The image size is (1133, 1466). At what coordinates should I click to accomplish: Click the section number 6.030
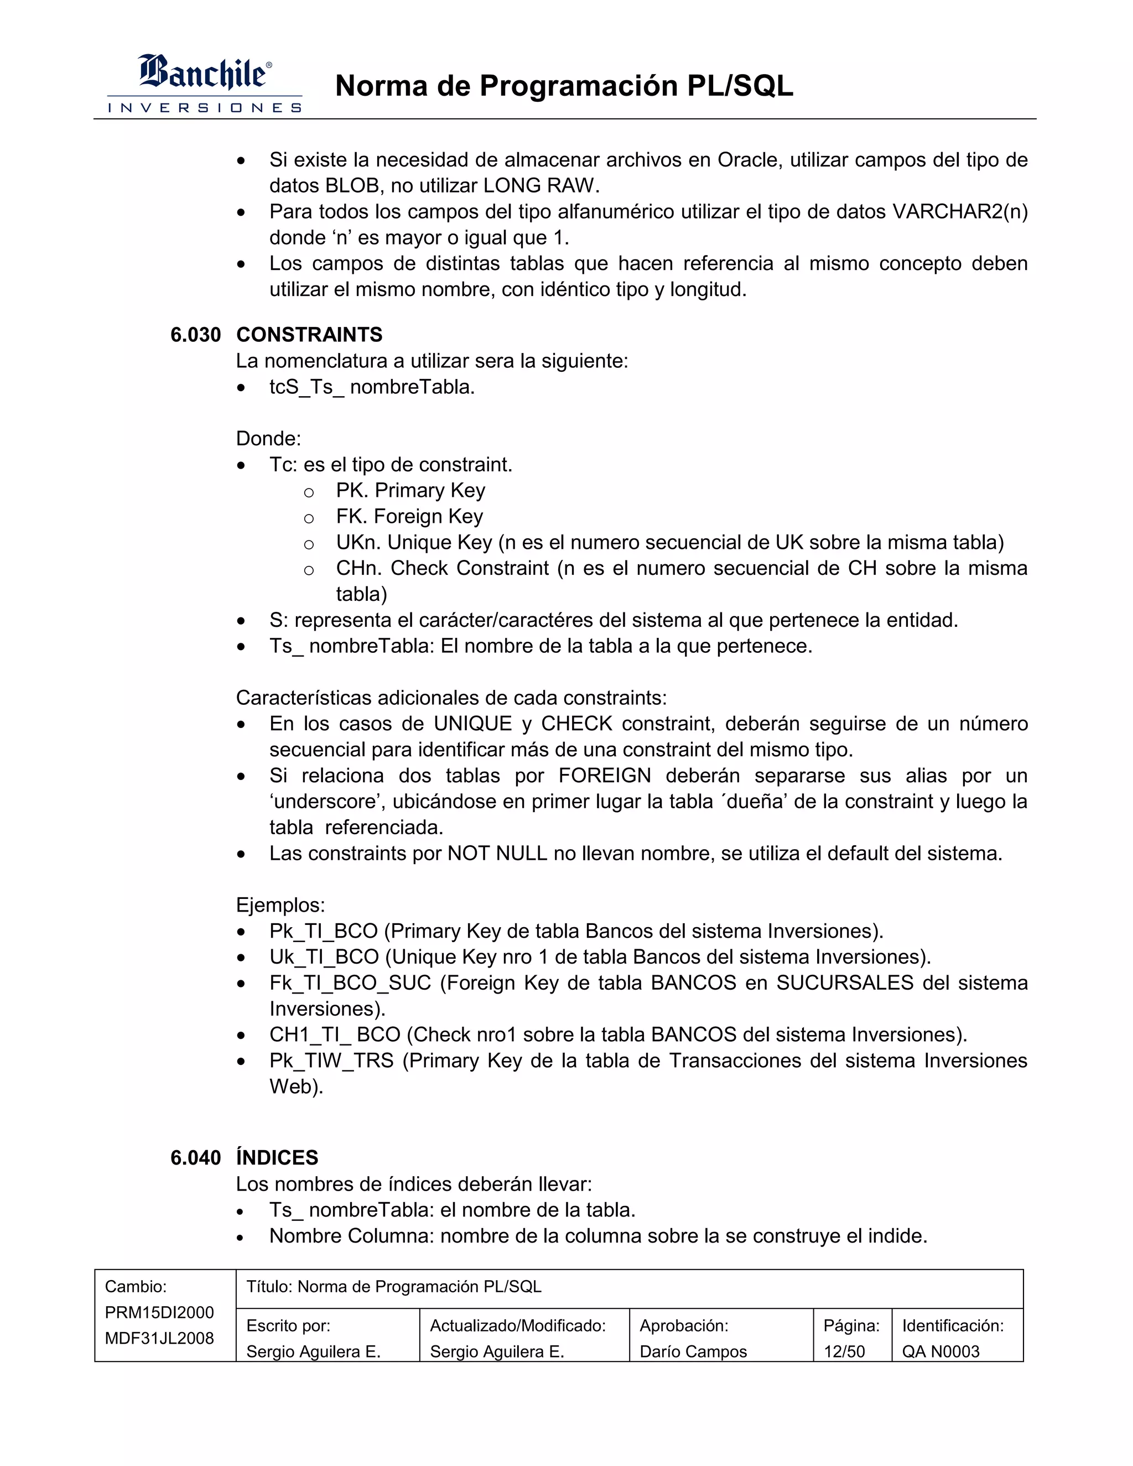pos(195,334)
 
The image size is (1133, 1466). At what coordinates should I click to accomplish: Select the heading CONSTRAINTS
pos(309,334)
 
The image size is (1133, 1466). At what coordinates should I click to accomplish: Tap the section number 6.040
pos(195,1157)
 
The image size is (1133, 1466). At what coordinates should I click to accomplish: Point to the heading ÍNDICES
pos(277,1157)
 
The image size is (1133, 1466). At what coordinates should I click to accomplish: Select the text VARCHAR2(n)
pos(960,211)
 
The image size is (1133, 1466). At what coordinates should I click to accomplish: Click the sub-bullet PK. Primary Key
pos(410,491)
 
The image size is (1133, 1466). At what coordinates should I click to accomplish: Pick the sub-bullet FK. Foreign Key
pos(409,516)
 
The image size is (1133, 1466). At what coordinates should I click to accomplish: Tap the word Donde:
pos(268,439)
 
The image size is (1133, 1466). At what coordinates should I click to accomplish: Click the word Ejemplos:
pos(280,905)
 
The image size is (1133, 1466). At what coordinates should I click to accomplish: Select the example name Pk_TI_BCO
pos(324,931)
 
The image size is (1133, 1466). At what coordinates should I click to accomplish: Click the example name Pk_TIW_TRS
pos(331,1060)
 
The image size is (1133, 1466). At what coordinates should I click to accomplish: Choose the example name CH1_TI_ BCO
pos(335,1034)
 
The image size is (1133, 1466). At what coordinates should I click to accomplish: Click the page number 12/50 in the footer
pos(844,1351)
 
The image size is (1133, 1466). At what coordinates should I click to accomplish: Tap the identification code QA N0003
pos(940,1351)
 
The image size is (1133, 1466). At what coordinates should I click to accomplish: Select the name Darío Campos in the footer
pos(693,1351)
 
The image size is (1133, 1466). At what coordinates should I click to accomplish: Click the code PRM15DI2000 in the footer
pos(159,1312)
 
